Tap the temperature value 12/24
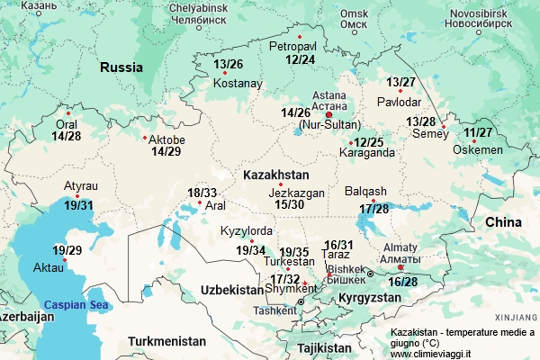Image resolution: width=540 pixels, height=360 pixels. coord(300,59)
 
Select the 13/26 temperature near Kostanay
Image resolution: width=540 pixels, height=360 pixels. coord(229,64)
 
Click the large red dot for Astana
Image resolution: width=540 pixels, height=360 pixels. coord(328,114)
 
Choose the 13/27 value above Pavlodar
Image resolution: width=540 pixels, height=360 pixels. coord(401,83)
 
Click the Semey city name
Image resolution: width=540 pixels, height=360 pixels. coord(428,135)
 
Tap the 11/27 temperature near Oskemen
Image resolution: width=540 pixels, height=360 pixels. coord(479,133)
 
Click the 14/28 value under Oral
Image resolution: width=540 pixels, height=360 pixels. coord(67,137)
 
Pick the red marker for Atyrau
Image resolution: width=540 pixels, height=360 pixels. coord(77,196)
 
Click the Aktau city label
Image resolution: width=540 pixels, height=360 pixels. coord(49,268)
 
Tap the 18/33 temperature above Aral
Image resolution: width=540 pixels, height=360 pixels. coord(202,193)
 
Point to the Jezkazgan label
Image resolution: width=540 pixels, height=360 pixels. coord(296,193)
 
